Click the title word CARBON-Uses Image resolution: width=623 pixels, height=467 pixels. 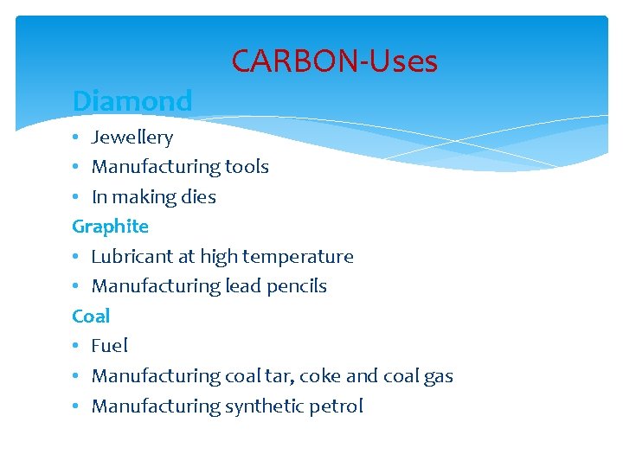coord(334,61)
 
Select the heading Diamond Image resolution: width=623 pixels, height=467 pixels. coord(132,101)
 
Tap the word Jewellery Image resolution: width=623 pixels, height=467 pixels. coord(132,138)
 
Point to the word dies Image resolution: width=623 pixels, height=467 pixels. coord(199,197)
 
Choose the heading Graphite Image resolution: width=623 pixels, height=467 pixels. coord(111,227)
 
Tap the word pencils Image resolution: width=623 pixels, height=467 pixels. coord(298,286)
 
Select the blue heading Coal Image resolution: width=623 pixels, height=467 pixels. coord(91,316)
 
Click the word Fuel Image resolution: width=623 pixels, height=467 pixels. coord(110,346)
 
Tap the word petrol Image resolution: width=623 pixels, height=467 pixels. coord(336,406)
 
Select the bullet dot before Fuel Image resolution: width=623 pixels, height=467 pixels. coord(77,347)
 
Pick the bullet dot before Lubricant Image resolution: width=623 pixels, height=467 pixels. coord(77,258)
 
